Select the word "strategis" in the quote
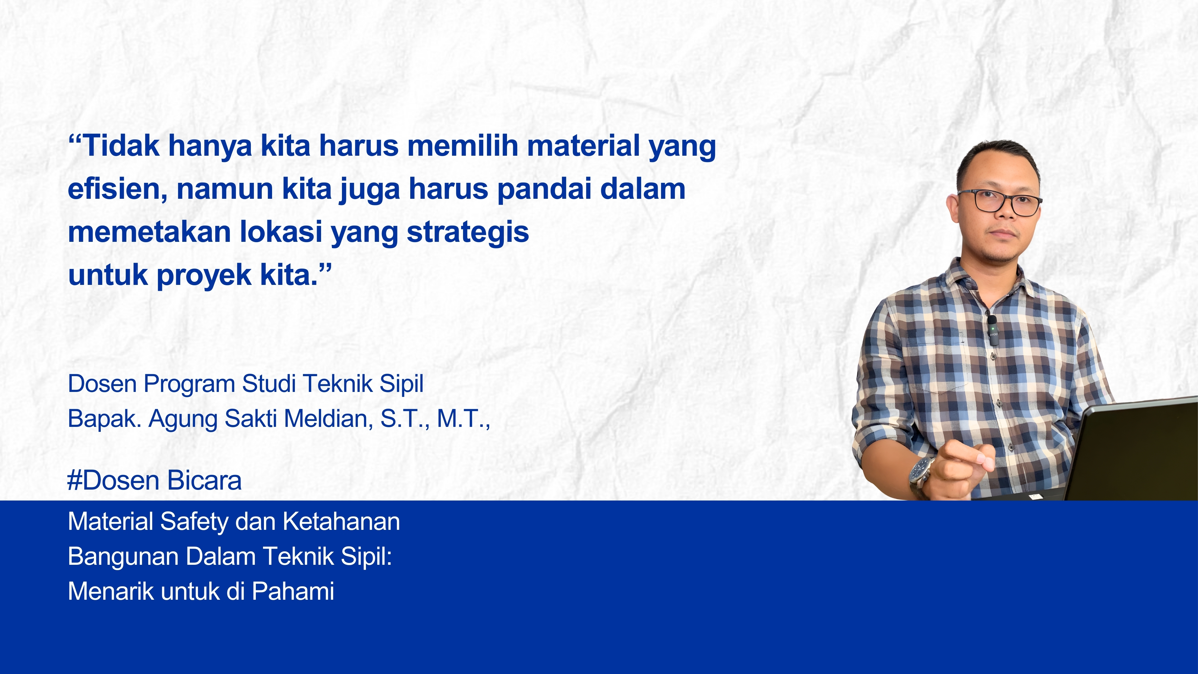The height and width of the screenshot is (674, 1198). [468, 232]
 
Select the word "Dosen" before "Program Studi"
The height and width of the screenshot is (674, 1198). [102, 384]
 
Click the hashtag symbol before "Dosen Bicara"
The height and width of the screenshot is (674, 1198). [75, 481]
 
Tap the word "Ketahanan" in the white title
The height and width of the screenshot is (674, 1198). [341, 521]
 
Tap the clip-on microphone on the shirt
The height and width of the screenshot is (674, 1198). [992, 329]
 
